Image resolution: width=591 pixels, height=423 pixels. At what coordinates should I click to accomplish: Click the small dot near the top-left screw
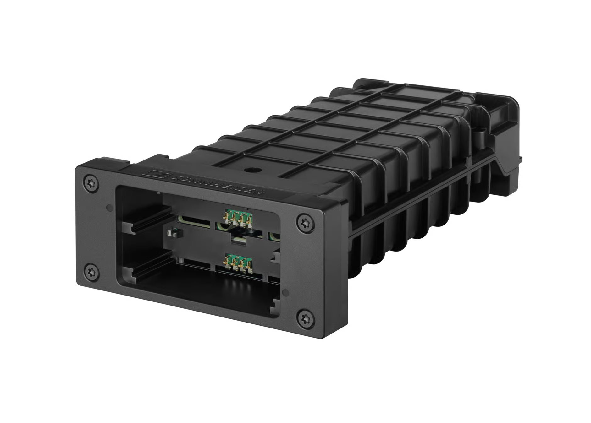point(109,208)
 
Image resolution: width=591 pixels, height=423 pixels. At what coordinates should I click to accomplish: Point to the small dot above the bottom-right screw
point(286,293)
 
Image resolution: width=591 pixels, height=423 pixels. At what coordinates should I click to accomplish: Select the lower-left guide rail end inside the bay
point(130,274)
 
